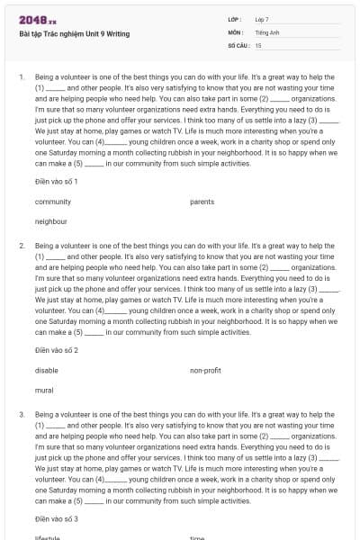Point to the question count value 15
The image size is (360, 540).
(x=258, y=44)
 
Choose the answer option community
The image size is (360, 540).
(x=53, y=202)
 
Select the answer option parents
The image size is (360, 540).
(x=202, y=202)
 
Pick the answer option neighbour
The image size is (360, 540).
(x=51, y=220)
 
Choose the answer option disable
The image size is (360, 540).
(x=47, y=370)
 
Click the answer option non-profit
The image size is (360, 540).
(x=205, y=370)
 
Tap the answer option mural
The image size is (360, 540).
(x=44, y=390)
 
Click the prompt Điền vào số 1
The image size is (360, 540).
(x=57, y=182)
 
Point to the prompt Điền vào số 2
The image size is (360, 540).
(x=57, y=350)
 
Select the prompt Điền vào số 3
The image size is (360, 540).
(x=57, y=519)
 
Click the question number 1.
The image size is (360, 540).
(x=21, y=76)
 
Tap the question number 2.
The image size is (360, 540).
(x=21, y=245)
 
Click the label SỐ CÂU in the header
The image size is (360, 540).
(x=238, y=44)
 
